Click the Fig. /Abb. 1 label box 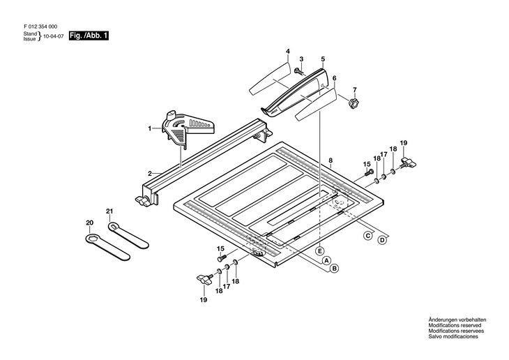point(89,36)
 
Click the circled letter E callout point(319,250)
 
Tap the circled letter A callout point(325,259)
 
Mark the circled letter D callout point(382,241)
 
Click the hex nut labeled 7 point(353,103)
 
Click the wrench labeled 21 point(130,233)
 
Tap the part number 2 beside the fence point(149,173)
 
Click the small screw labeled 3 point(298,71)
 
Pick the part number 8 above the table point(331,161)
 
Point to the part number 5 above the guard point(323,59)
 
